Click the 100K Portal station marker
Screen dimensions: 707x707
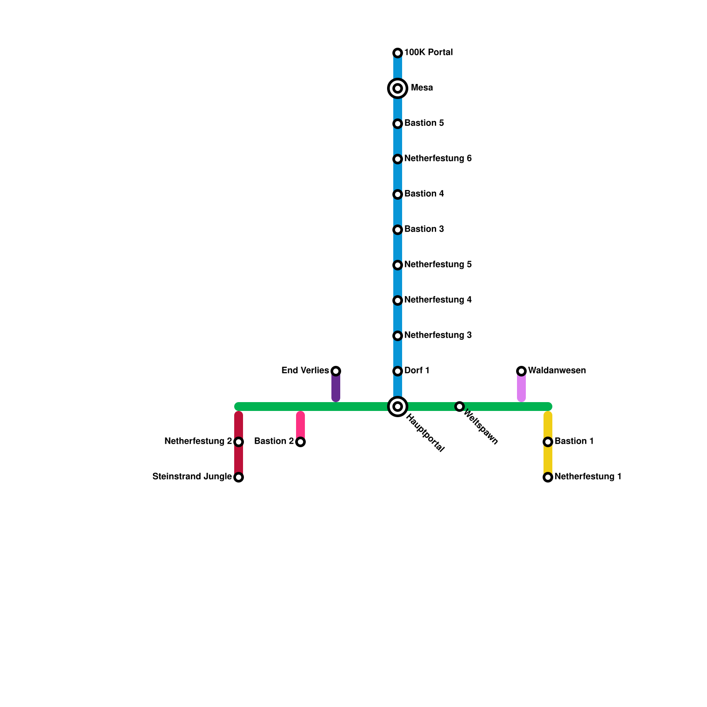coord(398,53)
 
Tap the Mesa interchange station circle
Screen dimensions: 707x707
coord(398,88)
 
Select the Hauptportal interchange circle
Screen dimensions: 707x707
coord(398,407)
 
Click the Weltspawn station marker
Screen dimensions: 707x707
coord(460,407)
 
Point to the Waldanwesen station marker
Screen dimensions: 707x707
coord(521,371)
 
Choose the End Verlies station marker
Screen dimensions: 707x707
coord(336,371)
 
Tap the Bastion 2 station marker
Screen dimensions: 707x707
coord(300,442)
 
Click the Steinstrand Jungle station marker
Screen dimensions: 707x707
coord(239,477)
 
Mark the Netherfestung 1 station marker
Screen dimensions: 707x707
coord(548,477)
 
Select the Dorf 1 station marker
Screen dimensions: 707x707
coord(398,371)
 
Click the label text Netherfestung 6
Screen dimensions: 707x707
coord(438,159)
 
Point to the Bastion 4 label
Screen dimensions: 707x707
coord(424,194)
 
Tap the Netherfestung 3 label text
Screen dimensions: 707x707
coord(438,335)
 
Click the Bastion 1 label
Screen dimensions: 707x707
coord(574,441)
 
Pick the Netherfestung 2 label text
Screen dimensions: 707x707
coord(198,441)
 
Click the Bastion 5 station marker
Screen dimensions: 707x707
coord(398,124)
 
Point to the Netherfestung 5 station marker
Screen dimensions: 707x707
coord(398,265)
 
